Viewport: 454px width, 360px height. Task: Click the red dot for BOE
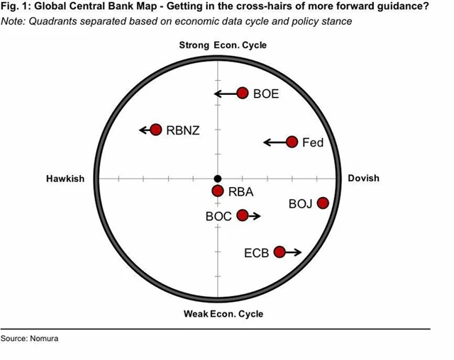click(x=243, y=94)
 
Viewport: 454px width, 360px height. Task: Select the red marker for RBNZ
click(x=156, y=130)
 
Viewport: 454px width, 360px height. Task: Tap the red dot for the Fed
click(x=292, y=142)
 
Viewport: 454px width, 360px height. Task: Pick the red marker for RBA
click(x=218, y=191)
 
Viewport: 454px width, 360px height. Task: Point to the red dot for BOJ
click(x=323, y=203)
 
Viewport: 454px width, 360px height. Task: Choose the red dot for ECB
click(x=279, y=252)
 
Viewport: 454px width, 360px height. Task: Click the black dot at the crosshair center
click(x=218, y=179)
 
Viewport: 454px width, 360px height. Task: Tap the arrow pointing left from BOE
click(x=225, y=94)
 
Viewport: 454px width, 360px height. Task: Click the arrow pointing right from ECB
click(x=294, y=252)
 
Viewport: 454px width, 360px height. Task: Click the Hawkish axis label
click(x=65, y=179)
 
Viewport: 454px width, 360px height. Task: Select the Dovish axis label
click(x=363, y=178)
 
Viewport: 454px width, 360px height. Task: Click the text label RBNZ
click(x=184, y=130)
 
